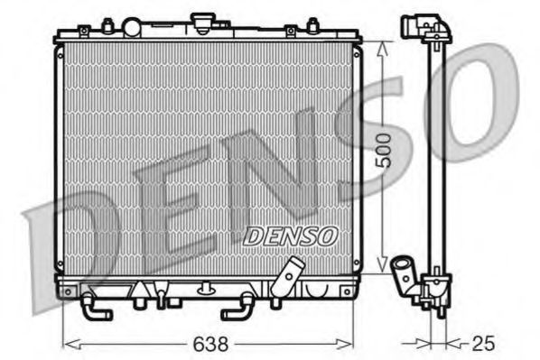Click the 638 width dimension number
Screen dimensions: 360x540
(209, 344)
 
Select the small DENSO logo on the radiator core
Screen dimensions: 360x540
(290, 235)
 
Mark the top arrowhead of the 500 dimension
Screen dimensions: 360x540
(383, 45)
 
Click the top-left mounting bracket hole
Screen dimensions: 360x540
(83, 32)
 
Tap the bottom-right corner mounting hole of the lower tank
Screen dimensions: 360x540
(346, 291)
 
